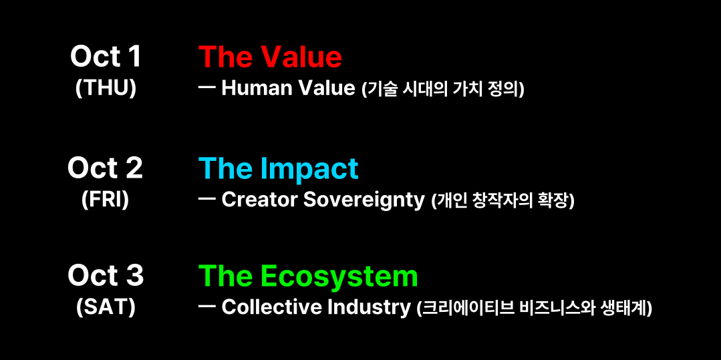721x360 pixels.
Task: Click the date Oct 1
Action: [106, 57]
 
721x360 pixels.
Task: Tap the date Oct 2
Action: [106, 168]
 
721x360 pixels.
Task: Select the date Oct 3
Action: [106, 277]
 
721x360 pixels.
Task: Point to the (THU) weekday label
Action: [106, 89]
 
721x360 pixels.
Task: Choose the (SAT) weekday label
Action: [106, 308]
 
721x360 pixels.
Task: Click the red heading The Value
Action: [271, 57]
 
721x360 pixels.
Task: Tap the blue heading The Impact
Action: [278, 169]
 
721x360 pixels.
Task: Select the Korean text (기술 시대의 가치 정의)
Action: [443, 89]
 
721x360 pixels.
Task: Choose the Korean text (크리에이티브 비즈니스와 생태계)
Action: [534, 309]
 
